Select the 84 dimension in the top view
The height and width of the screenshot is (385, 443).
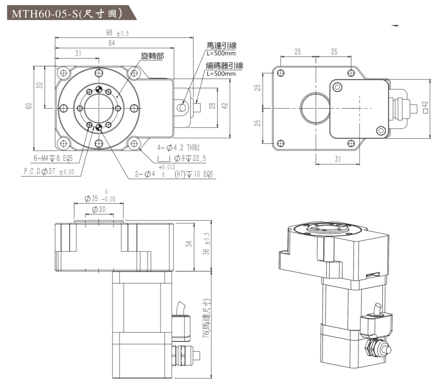click(112, 43)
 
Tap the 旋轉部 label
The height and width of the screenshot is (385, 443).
click(152, 56)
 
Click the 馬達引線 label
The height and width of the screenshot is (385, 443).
click(221, 46)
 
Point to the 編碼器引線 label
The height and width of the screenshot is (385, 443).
click(224, 66)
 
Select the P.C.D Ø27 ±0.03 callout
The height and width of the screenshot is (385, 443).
click(49, 172)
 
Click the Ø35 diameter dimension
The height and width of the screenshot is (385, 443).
click(99, 198)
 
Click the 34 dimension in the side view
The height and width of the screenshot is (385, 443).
click(189, 244)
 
